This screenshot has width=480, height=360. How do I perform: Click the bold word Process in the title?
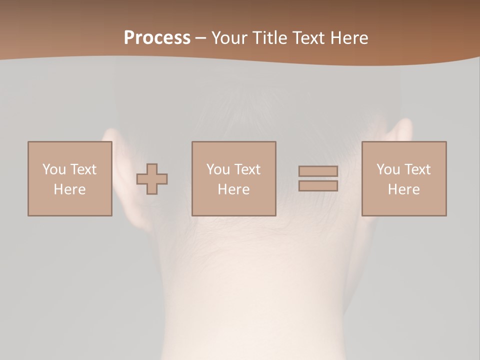click(157, 38)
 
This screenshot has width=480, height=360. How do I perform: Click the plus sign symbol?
click(152, 179)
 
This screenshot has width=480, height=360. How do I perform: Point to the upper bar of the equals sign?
click(318, 171)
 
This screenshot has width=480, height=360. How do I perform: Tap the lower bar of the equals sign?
click(318, 186)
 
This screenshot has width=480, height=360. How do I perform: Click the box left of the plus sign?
click(69, 179)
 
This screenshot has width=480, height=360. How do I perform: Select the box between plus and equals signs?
click(233, 179)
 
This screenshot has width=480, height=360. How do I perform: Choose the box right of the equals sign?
click(403, 179)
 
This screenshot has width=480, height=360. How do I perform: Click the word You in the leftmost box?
click(54, 169)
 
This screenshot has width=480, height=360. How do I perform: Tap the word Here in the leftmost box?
click(69, 189)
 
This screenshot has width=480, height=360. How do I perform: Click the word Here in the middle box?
click(233, 189)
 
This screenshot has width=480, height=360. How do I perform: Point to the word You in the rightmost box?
click(388, 169)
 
